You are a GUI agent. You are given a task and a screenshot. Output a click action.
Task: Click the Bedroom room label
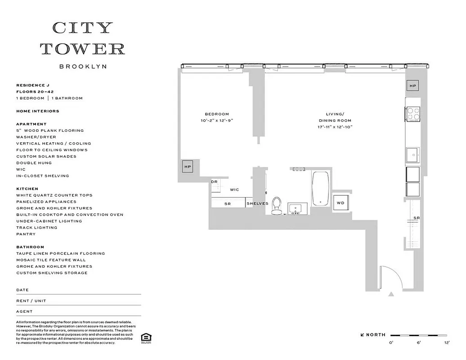pos(217,114)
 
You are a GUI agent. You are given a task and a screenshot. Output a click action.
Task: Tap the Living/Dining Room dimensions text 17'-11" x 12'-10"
pos(335,127)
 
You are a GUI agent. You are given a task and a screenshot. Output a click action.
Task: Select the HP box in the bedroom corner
pos(188,166)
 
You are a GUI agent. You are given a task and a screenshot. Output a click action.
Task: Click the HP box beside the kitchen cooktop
pos(412,85)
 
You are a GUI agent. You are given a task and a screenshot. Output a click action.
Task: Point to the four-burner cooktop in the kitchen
pos(413,114)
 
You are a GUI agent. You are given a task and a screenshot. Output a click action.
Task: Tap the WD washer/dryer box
pos(341,203)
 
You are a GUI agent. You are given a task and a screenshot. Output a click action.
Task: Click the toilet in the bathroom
pos(277,205)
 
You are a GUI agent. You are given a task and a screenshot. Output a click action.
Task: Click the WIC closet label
pos(234,190)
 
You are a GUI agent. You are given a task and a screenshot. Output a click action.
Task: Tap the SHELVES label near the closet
pos(257,203)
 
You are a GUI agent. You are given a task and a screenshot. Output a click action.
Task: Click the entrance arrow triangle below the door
pos(391,294)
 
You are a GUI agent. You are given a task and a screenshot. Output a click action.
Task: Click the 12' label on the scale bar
pos(447,343)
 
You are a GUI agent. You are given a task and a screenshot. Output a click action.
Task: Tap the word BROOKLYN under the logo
pos(83,66)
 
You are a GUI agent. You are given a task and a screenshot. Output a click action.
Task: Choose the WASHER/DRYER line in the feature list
pos(36,137)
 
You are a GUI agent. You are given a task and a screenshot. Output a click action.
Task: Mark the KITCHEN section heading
pos(27,189)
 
